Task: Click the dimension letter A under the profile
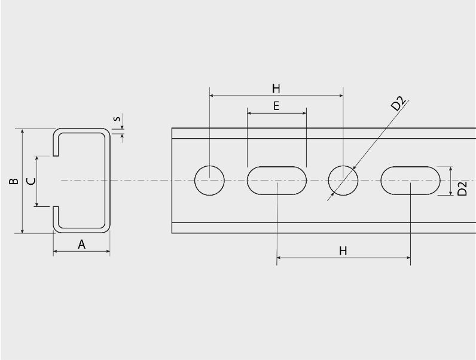[82, 245]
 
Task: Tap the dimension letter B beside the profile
[14, 181]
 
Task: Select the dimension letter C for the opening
[31, 181]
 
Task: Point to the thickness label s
[117, 118]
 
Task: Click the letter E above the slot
[276, 106]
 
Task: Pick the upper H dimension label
[276, 89]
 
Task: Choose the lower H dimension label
[343, 251]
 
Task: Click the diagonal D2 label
[398, 103]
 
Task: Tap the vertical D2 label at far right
[462, 188]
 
